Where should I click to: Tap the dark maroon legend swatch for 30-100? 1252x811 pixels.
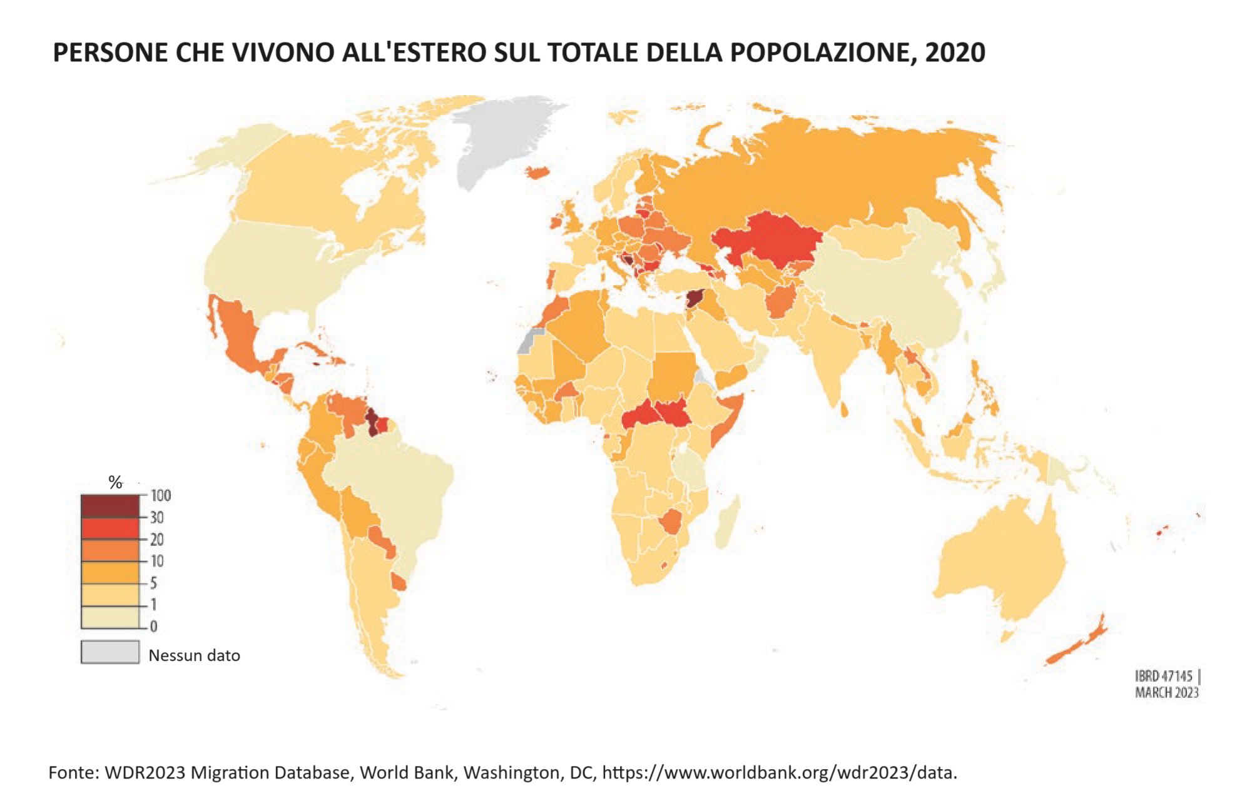coord(110,506)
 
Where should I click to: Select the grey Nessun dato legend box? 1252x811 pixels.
coord(110,652)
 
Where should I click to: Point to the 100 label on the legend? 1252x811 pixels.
coord(161,496)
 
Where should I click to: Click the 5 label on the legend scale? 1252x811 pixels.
coord(153,583)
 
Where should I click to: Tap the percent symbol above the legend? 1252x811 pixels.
coord(115,482)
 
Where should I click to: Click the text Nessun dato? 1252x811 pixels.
coord(194,655)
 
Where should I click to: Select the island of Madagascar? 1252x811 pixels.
coord(728,522)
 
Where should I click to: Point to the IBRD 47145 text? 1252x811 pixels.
coord(1163,676)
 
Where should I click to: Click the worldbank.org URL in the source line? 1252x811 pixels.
coord(779,773)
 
